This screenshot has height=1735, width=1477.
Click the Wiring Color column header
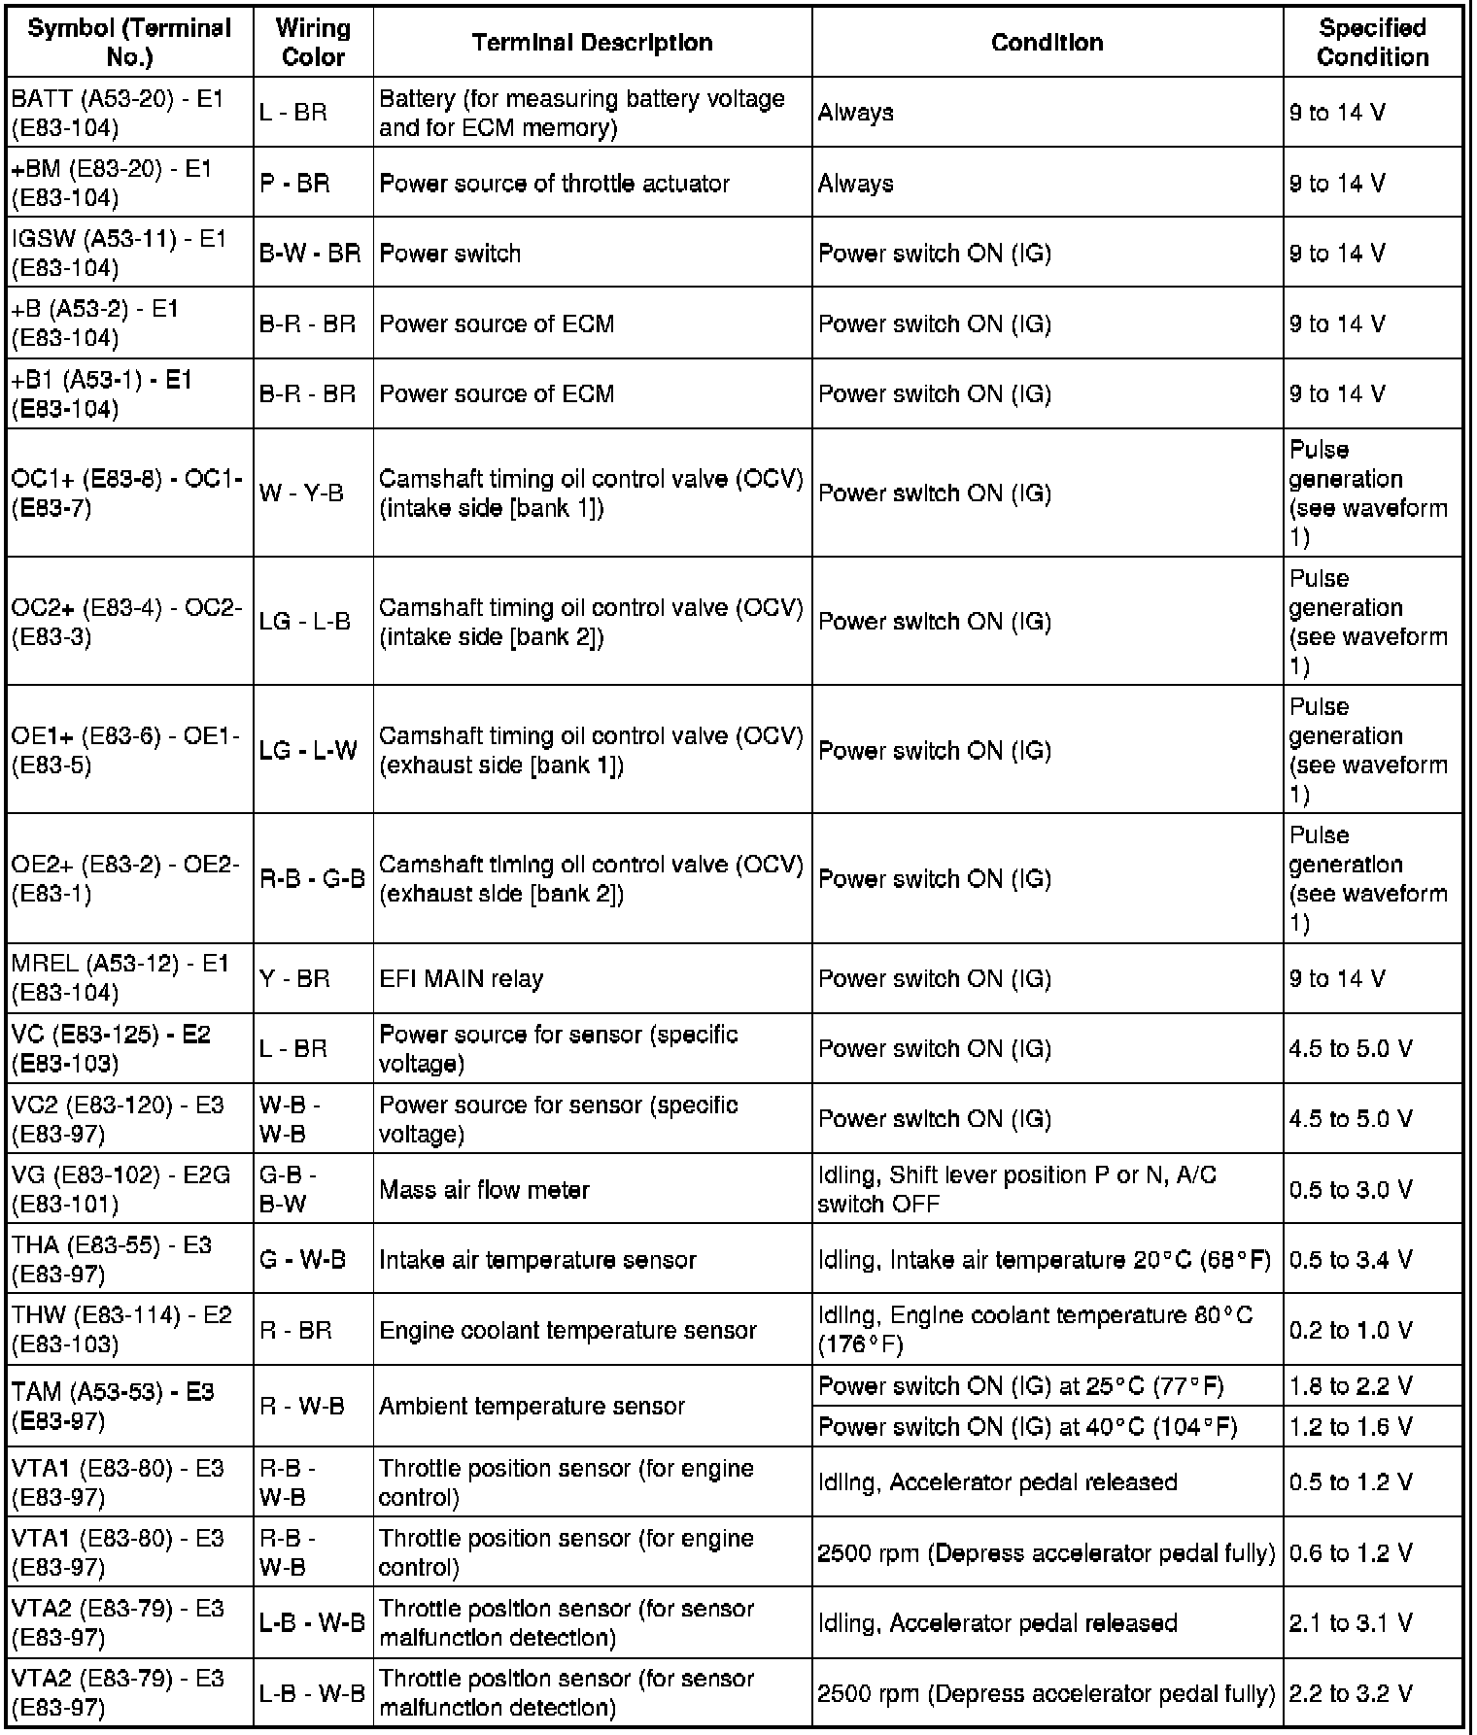(313, 43)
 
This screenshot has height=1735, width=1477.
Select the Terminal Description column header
(592, 43)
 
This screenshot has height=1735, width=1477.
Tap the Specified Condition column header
(1372, 43)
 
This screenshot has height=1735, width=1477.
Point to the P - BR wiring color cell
(295, 184)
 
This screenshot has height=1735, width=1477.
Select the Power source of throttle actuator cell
(554, 184)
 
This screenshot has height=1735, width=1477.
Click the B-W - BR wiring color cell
(310, 254)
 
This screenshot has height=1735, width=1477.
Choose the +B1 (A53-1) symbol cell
(102, 393)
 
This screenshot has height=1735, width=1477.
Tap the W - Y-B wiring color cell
(301, 493)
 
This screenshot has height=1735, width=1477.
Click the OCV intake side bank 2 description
(591, 622)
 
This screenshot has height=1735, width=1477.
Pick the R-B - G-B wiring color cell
(312, 879)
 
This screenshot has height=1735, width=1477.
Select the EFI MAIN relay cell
(461, 978)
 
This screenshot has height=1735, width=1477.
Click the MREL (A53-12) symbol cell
(120, 978)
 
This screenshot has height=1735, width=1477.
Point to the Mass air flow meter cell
(484, 1190)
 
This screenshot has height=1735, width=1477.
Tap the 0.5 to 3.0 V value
(1351, 1190)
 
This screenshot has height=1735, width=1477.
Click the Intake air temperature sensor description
(537, 1260)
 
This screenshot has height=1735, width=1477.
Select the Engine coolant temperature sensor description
(567, 1330)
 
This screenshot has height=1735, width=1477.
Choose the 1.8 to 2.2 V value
(1351, 1386)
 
